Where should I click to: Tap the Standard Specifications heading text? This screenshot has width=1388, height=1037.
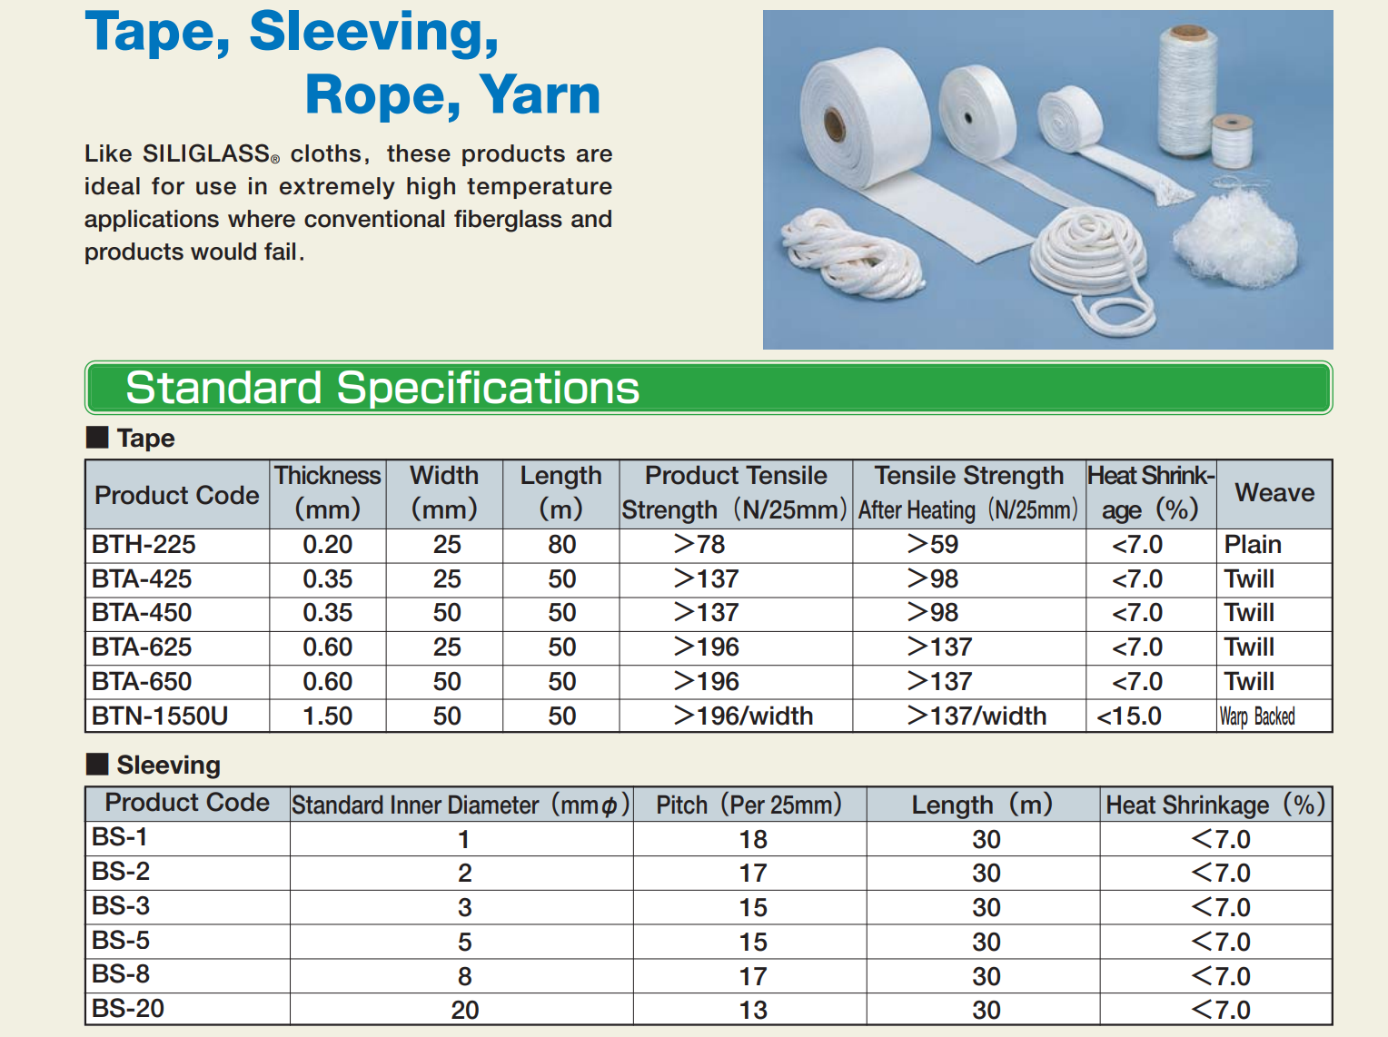382,388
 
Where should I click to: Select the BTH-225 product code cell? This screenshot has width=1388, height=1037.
144,544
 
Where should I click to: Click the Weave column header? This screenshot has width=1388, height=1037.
1274,492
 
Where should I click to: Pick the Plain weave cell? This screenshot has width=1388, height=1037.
1252,544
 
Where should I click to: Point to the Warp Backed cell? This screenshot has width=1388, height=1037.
1256,716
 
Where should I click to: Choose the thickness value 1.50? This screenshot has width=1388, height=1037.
327,716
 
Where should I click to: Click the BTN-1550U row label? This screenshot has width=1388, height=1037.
159,716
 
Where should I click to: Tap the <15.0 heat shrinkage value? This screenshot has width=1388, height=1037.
1129,716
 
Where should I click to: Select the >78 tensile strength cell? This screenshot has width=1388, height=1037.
699,544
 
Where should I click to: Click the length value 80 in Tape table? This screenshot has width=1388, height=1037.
561,544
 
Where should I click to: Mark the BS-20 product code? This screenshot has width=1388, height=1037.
128,1008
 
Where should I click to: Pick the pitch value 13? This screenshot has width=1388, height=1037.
752,1010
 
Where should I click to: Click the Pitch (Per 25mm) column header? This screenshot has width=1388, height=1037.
749,805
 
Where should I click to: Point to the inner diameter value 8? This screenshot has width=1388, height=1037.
464,976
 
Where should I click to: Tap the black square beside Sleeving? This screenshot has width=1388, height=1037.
97,764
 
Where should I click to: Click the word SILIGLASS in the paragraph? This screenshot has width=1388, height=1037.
206,153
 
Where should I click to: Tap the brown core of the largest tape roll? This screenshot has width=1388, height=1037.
834,124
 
